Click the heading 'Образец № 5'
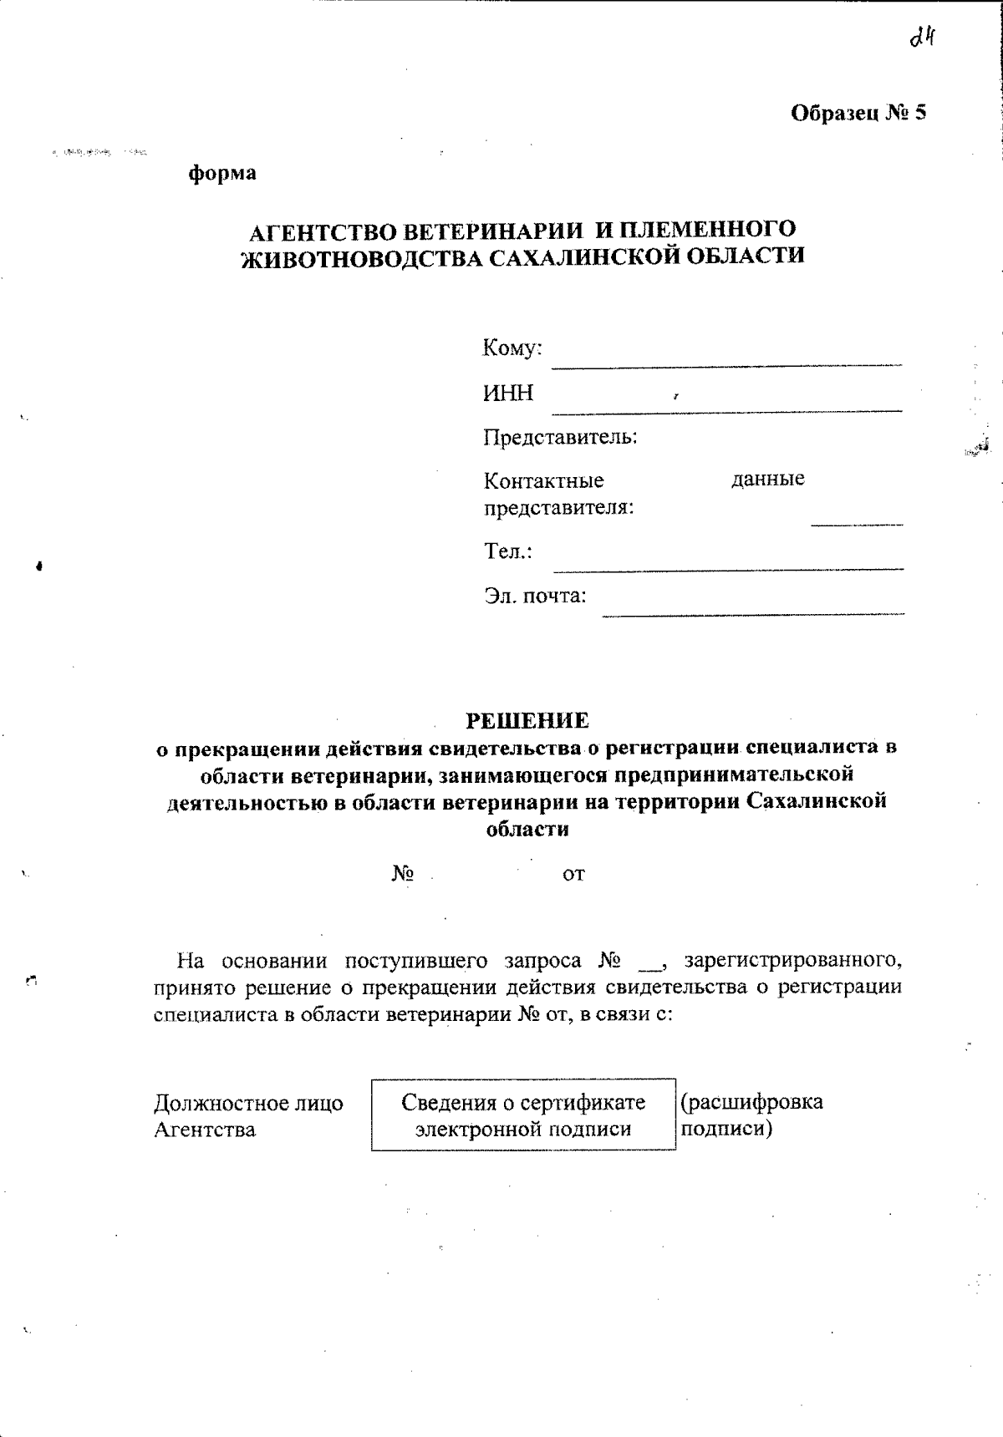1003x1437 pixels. [x=858, y=113]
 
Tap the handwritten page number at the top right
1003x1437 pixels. [x=920, y=38]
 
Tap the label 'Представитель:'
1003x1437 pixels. [x=560, y=437]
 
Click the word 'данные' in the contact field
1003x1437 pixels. [x=767, y=479]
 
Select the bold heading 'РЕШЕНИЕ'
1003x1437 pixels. [x=527, y=720]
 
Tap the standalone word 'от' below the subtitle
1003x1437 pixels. [x=573, y=875]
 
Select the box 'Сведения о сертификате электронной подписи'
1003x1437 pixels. [x=523, y=1115]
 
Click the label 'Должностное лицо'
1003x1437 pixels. [x=248, y=1104]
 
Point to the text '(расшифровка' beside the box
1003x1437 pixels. [x=752, y=1102]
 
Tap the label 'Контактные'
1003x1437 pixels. [x=543, y=481]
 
